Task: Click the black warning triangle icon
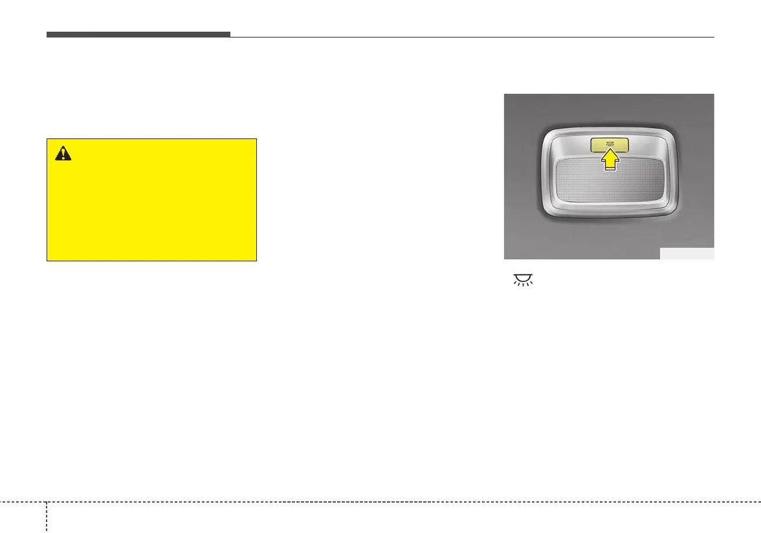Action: (63, 153)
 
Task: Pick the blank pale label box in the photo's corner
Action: (687, 254)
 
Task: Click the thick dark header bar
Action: (138, 34)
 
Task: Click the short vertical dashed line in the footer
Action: (47, 517)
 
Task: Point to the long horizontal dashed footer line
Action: (388, 502)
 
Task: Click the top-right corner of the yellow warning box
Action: (256, 138)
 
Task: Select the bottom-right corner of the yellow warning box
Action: (256, 260)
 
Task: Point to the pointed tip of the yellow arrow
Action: (609, 149)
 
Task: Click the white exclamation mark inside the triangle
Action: (63, 153)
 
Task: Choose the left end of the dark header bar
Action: (47, 34)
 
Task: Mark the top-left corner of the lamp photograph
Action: (505, 94)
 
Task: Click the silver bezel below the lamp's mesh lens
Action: (609, 216)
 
